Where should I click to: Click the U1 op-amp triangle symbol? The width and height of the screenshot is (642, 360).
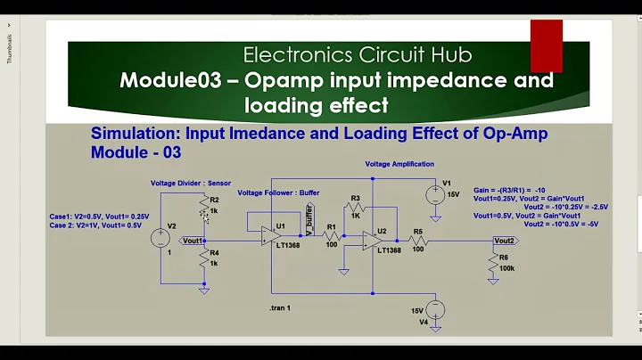point(270,235)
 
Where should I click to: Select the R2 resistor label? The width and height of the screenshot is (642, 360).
point(214,199)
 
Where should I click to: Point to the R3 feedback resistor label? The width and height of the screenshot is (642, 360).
point(355,198)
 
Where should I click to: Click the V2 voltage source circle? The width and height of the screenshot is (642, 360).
point(161,239)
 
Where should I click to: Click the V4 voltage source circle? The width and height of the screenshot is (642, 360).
point(436,309)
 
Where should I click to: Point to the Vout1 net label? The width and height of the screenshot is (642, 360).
point(192,241)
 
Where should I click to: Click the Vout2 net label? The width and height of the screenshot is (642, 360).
point(504,241)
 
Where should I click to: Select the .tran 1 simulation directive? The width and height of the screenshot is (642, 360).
point(279,307)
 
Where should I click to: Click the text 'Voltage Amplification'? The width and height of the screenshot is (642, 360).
point(399,164)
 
